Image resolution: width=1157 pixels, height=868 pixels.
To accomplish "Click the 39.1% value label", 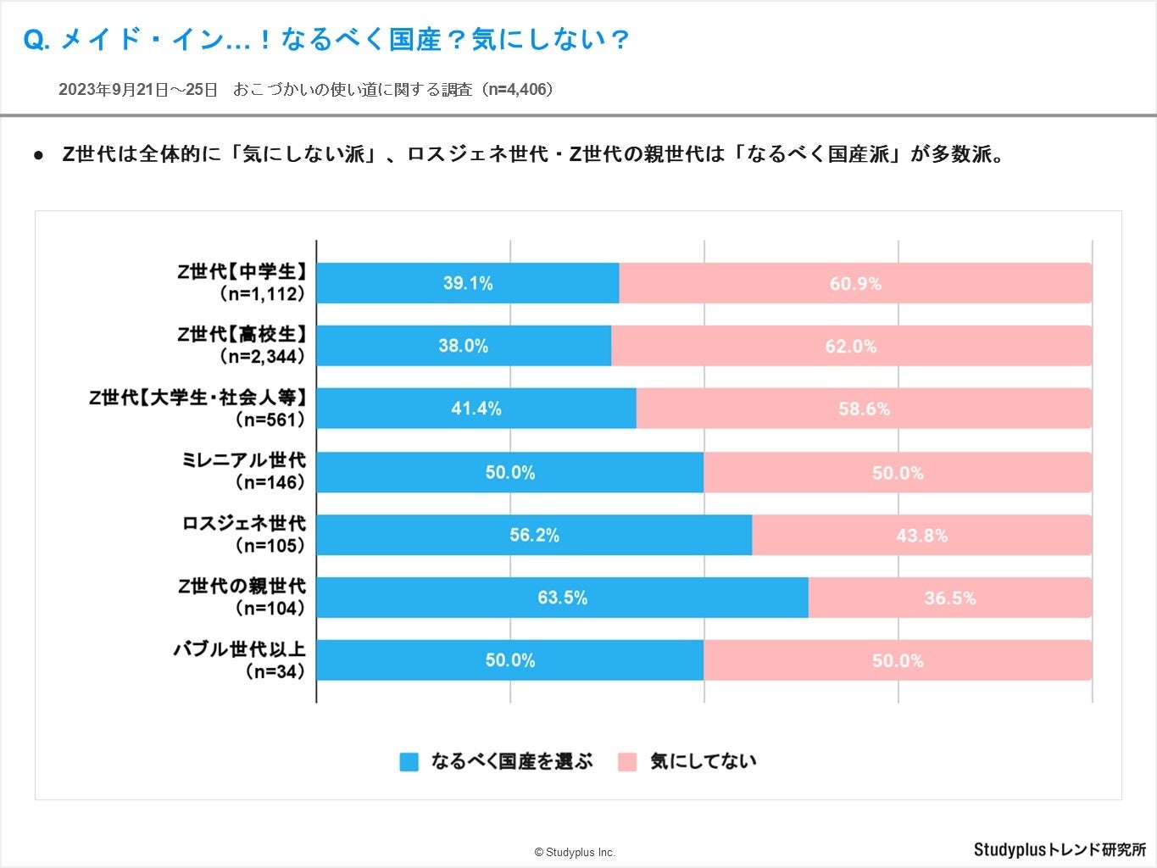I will [468, 283].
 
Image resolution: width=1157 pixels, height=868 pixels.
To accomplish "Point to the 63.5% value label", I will [562, 598].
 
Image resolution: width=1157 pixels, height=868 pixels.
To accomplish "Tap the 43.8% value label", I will [921, 536].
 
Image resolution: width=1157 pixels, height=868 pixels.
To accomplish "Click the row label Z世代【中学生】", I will [242, 271].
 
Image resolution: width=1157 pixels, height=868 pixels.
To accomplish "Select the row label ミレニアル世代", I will [243, 460].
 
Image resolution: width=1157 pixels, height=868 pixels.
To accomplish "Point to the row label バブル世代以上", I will [240, 649].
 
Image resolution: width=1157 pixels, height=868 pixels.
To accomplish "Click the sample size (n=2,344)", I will [262, 357].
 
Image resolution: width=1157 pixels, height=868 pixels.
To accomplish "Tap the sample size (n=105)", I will [269, 546].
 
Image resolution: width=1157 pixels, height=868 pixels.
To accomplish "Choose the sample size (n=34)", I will [275, 671].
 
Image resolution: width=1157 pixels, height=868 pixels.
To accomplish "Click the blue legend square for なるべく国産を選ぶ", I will [409, 762].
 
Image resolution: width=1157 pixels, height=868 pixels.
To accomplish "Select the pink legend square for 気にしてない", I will [627, 762].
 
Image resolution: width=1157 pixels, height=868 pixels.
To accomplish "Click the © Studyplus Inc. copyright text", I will [575, 853].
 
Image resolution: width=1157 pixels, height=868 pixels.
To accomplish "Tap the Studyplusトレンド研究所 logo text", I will [1060, 849].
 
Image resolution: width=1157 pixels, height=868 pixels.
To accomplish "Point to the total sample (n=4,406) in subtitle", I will [518, 90].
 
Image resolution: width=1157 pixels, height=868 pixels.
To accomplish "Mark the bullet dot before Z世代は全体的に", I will [38, 156].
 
